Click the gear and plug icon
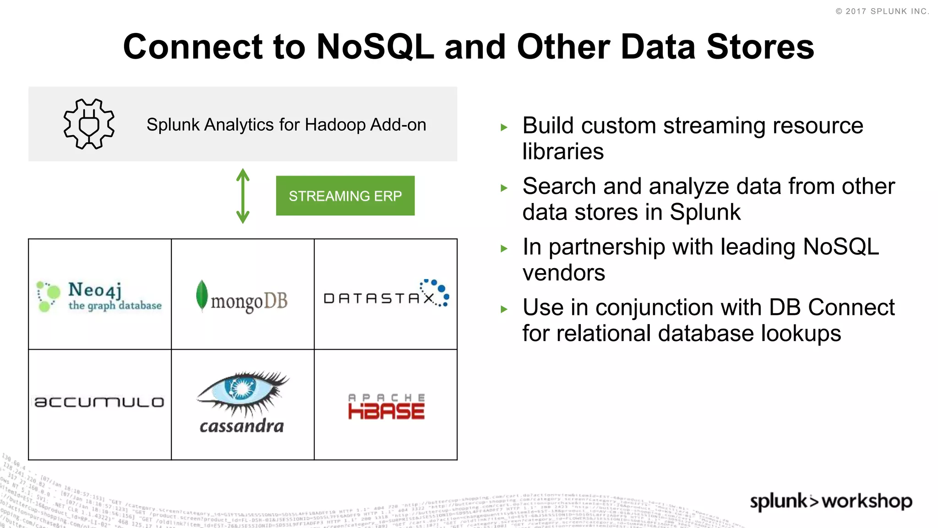(89, 124)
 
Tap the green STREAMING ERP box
(345, 196)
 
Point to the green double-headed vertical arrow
(243, 196)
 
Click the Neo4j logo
(99, 296)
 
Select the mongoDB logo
(242, 298)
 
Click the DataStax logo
(386, 295)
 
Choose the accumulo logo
(99, 402)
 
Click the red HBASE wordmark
(386, 411)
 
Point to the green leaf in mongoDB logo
(202, 296)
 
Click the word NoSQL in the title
(375, 47)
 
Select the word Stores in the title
(760, 47)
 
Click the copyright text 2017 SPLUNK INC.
(883, 11)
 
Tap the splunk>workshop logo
(831, 501)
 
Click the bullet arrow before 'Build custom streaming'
(504, 127)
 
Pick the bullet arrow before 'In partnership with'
(504, 249)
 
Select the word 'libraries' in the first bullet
(563, 152)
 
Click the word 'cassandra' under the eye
(242, 427)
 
